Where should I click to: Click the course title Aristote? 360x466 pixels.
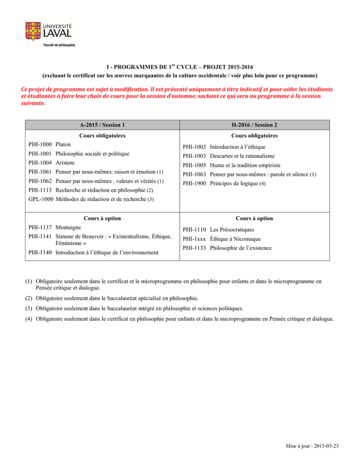tap(66, 163)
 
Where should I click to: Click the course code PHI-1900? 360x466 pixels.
tap(194, 183)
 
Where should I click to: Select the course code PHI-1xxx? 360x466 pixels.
tap(194, 239)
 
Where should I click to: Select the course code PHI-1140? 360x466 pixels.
tap(40, 253)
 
